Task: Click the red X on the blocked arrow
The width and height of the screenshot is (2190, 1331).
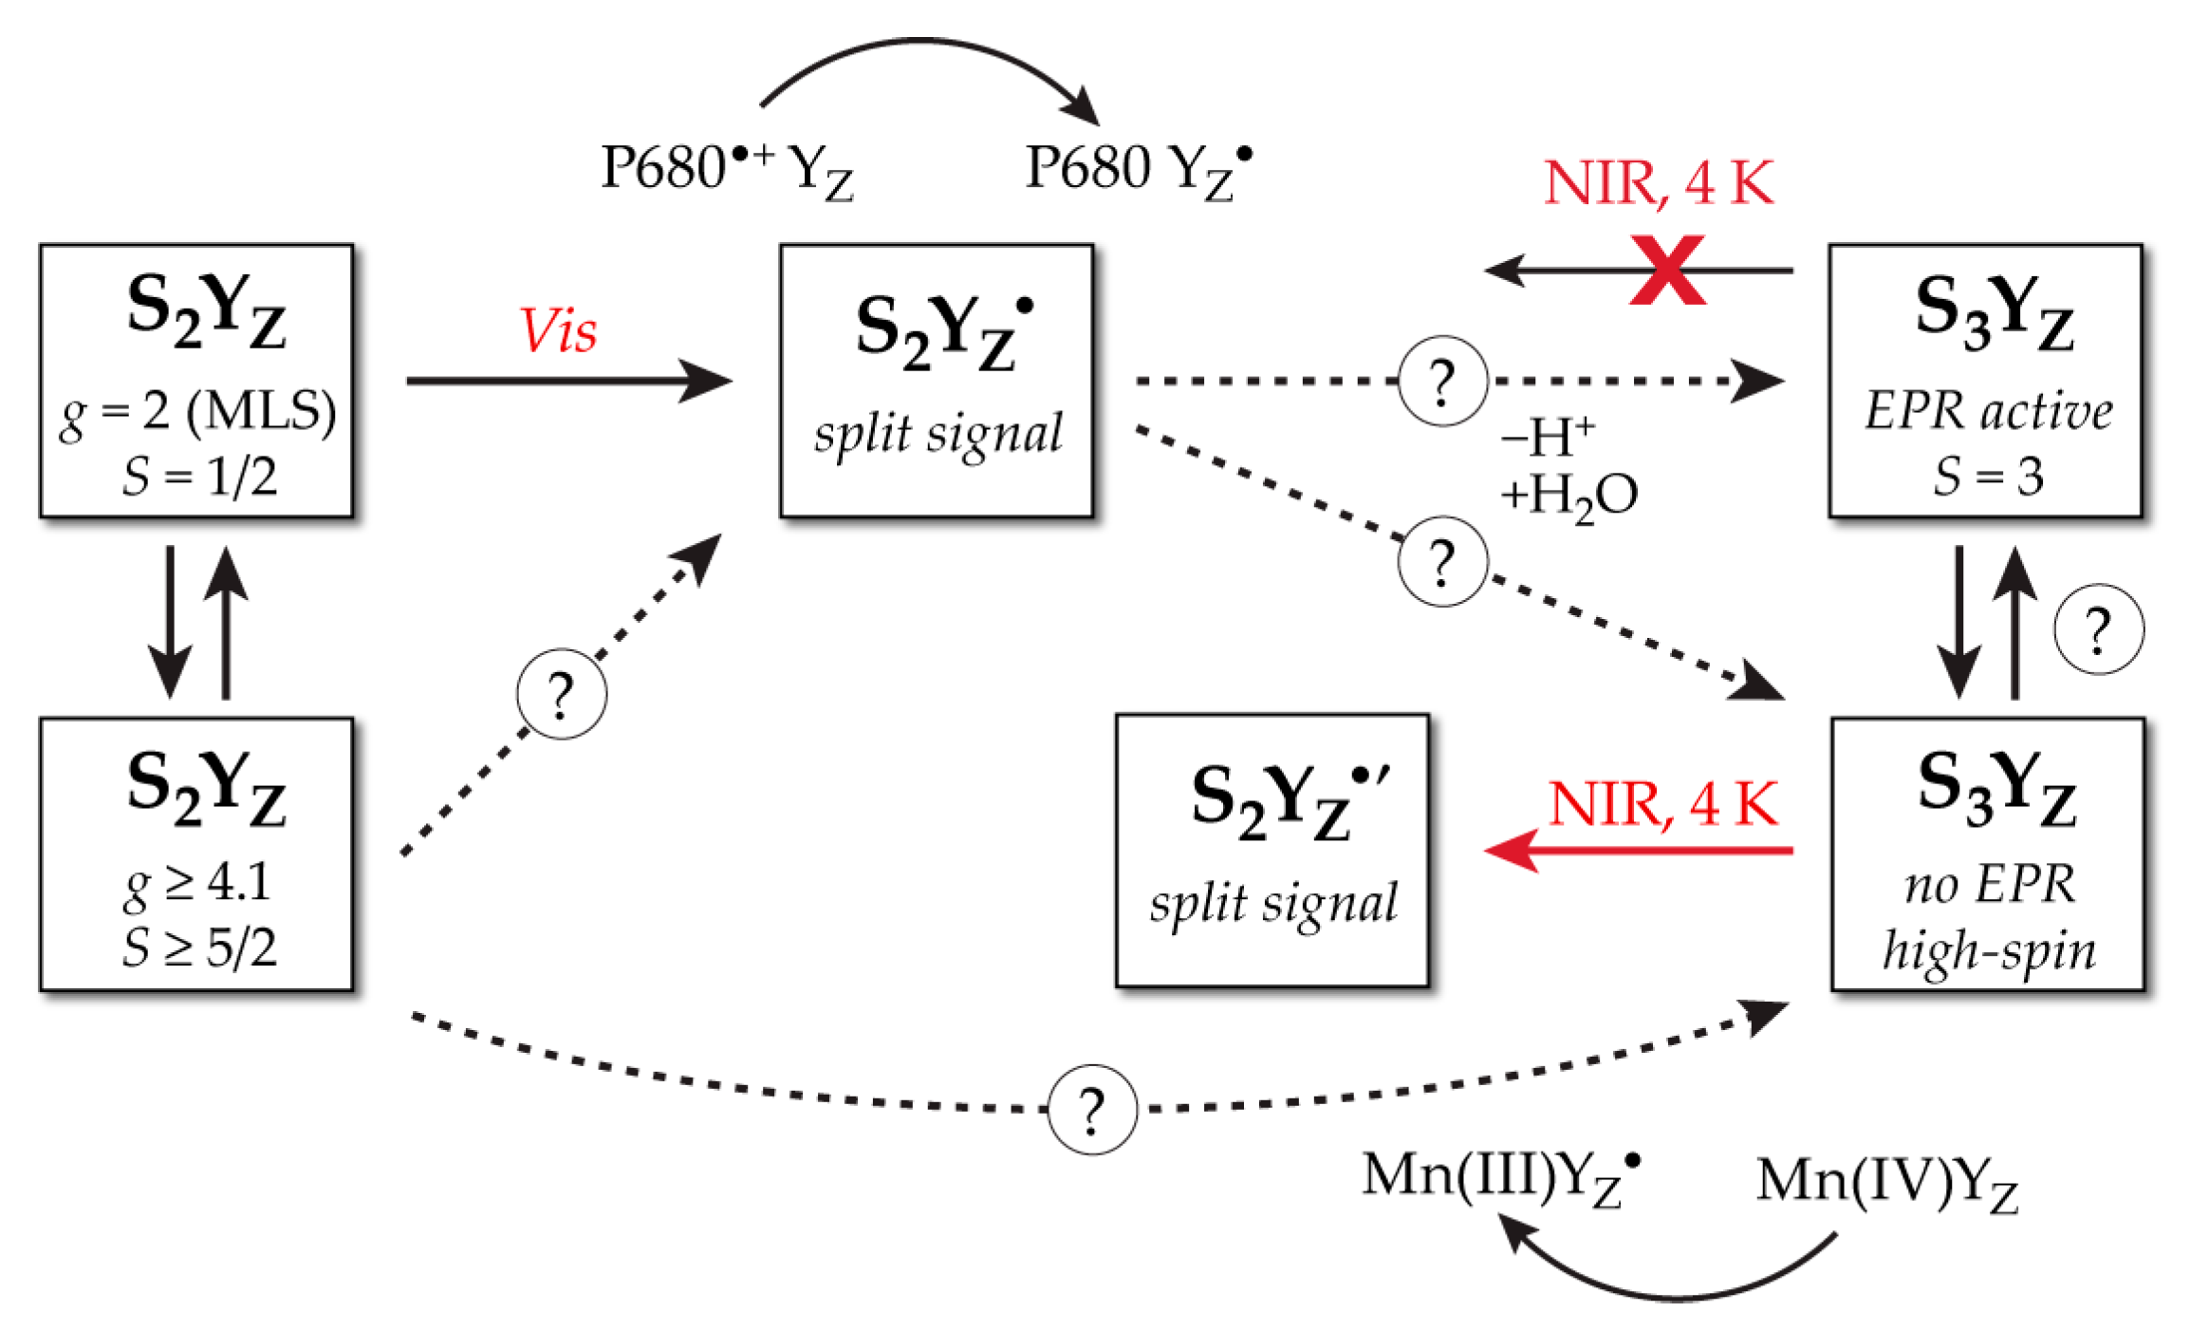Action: click(1667, 271)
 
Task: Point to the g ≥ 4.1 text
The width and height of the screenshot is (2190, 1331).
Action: click(197, 884)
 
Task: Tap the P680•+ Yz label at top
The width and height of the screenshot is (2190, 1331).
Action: click(727, 169)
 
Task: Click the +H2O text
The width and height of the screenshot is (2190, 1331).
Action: click(1568, 496)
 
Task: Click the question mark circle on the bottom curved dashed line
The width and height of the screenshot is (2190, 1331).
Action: click(1092, 1109)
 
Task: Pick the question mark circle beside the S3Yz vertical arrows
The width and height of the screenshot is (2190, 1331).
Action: click(2098, 629)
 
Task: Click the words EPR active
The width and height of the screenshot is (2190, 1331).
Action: click(1988, 411)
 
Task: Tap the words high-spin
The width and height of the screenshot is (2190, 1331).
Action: click(1989, 950)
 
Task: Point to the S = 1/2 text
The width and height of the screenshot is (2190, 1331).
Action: click(199, 476)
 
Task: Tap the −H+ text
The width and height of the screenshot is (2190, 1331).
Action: click(1547, 438)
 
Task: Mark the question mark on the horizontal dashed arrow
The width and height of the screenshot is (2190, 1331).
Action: click(1442, 382)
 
